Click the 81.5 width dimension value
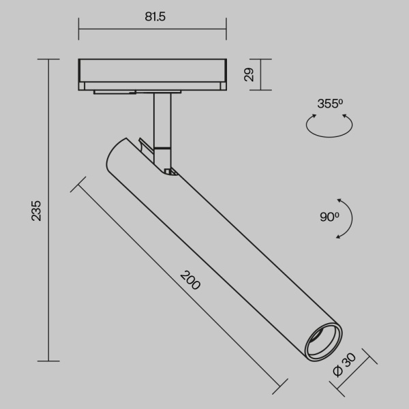tap(153, 17)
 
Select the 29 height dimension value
tap(249, 74)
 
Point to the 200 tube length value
tap(190, 280)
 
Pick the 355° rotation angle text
tap(330, 104)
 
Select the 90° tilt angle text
tap(329, 217)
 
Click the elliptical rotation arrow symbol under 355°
tap(330, 127)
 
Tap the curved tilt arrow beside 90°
tap(348, 218)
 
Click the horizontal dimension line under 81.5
tap(153, 29)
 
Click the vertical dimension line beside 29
tap(262, 74)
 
